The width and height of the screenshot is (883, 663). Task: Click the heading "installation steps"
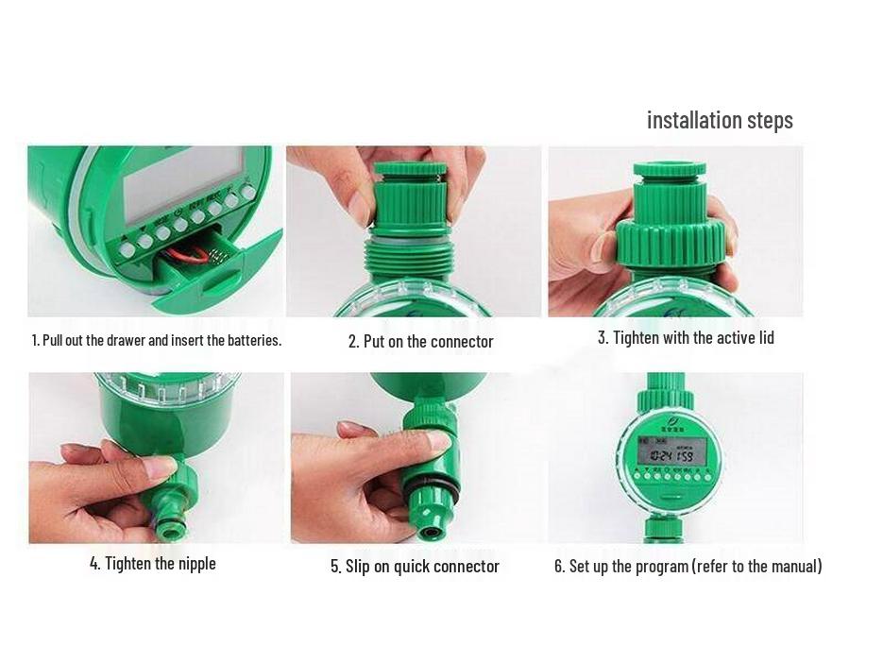720,121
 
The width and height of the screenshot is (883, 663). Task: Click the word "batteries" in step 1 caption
253,340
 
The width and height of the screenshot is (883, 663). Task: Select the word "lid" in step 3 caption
763,338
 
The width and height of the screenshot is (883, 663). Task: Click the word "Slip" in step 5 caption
359,567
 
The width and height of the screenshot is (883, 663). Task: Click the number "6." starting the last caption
559,567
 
